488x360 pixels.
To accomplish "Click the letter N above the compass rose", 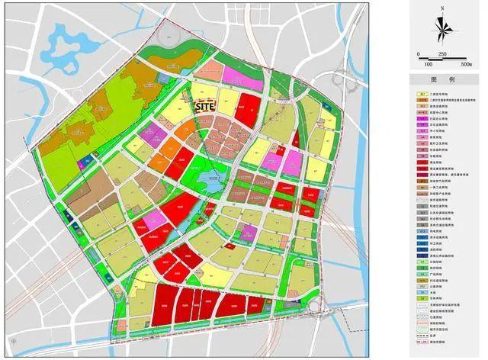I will click(x=441, y=9).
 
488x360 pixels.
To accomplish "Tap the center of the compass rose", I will click(x=441, y=29).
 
